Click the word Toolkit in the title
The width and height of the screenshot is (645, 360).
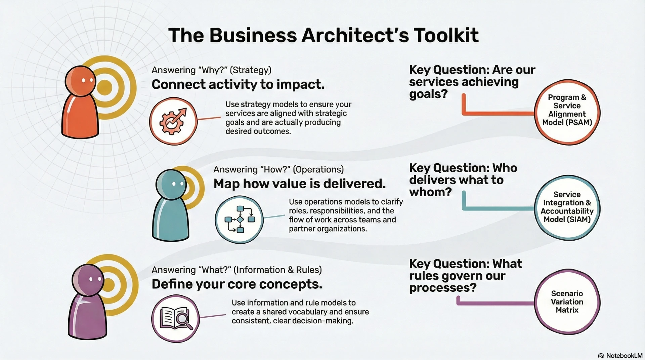click(x=446, y=35)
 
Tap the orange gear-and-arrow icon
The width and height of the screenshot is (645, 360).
click(x=173, y=121)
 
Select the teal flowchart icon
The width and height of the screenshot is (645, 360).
click(x=239, y=219)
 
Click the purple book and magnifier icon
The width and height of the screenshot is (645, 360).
click(x=175, y=318)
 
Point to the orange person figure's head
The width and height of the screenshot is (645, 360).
click(x=80, y=81)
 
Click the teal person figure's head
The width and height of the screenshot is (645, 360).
click(x=171, y=185)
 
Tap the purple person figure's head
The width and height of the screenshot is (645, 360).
click(x=88, y=280)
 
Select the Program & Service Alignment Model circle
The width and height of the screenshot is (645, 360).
click(x=567, y=112)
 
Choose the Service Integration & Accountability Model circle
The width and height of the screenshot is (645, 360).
click(x=567, y=207)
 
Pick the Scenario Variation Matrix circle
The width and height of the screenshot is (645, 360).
click(x=567, y=302)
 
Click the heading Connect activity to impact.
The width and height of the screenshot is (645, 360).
click(x=238, y=84)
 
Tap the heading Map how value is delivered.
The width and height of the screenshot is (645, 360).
click(x=300, y=184)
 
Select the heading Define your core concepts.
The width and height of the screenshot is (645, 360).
click(x=237, y=284)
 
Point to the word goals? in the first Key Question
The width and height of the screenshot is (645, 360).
click(x=428, y=94)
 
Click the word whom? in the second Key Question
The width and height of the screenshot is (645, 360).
click(x=430, y=192)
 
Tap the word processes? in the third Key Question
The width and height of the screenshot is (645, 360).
click(x=443, y=288)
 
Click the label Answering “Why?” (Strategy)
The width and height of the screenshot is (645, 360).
click(x=211, y=70)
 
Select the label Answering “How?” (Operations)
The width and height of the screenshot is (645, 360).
click(x=278, y=169)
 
